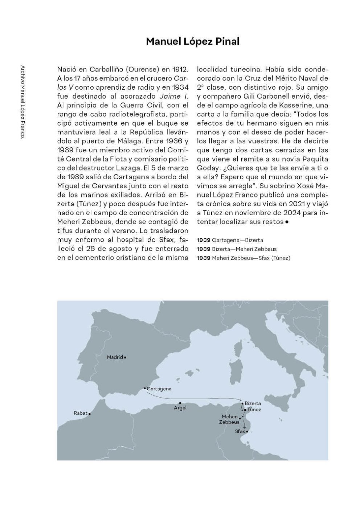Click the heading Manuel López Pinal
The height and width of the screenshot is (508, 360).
click(192, 41)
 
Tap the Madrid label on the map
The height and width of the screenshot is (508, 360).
click(115, 357)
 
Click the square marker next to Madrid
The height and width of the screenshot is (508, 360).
click(125, 357)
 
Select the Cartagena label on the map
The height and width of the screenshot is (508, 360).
click(159, 389)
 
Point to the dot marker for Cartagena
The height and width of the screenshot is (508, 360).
click(145, 388)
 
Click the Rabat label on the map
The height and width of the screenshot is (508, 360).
click(81, 413)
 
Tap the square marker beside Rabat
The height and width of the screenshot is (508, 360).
click(89, 413)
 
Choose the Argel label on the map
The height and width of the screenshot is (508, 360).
click(180, 408)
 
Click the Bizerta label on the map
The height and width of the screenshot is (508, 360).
click(253, 403)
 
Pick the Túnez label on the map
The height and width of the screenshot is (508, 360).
click(254, 410)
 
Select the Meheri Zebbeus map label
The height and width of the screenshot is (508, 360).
click(229, 419)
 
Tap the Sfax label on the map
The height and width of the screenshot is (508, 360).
click(240, 431)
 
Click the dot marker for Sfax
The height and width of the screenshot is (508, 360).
click(247, 431)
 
